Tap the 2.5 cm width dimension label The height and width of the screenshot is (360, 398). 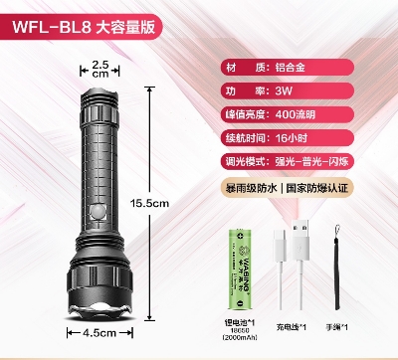(99, 69)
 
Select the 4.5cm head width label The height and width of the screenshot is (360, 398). (100, 333)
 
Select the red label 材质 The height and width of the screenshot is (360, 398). (244, 68)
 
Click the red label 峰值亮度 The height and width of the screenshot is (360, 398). (244, 114)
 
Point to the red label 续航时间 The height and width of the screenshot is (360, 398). (244, 138)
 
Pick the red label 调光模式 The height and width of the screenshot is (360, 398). (244, 161)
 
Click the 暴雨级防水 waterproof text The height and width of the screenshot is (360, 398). (253, 186)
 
